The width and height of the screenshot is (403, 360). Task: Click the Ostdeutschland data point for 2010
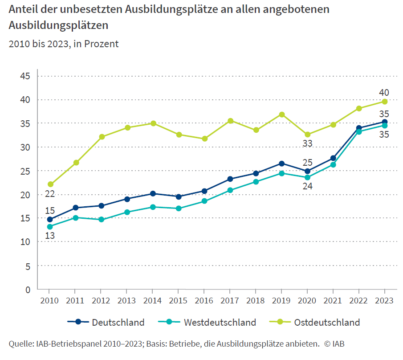point(50,184)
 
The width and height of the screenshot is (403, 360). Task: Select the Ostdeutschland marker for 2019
point(281,115)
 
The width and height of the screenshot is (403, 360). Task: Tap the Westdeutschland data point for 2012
point(102,220)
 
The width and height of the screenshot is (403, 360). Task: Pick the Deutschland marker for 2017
point(230,179)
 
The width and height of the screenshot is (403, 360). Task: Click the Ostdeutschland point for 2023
point(384,102)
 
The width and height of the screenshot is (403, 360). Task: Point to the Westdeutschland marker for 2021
point(333,165)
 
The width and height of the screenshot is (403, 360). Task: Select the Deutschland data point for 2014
point(153,194)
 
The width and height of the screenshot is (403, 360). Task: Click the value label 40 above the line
point(384,93)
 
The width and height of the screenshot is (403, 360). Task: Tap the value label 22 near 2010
point(49,194)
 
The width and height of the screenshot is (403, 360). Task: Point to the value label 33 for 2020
point(307,143)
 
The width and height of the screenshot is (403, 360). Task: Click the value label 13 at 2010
point(50,236)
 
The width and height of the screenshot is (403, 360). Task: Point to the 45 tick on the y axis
point(25,76)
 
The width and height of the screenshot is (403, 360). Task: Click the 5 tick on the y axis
point(28,266)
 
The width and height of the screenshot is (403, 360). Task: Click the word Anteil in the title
point(23,10)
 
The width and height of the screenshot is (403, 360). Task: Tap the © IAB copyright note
point(334,344)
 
